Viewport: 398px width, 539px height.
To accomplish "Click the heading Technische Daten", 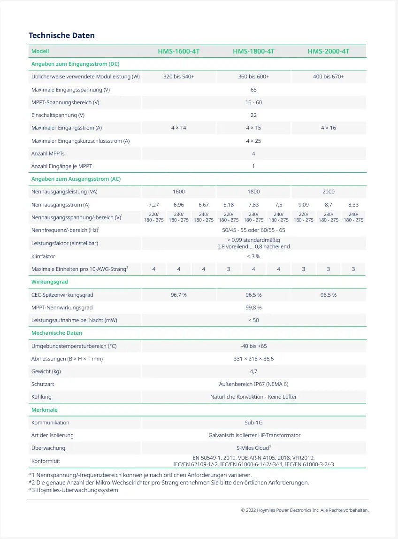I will tap(61, 36).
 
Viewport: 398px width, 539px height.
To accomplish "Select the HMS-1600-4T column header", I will tap(178, 51).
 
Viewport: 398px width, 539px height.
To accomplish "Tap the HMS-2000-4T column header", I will tap(329, 51).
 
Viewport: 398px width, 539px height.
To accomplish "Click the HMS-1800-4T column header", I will tap(253, 51).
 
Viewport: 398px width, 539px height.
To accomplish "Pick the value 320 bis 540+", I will tap(178, 77).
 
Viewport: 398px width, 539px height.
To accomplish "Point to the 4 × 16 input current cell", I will tap(329, 128).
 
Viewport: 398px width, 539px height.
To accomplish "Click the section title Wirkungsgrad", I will tap(50, 282).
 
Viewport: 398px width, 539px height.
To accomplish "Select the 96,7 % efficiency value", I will tap(178, 295).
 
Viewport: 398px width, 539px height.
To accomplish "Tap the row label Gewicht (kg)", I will tap(46, 371).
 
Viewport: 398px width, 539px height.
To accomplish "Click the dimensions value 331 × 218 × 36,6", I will tap(253, 359).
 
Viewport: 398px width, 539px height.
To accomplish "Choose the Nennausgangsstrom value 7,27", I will tap(153, 205).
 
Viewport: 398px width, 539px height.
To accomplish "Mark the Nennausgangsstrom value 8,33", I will tap(353, 205).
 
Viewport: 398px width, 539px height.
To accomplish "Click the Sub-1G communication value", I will tap(253, 423).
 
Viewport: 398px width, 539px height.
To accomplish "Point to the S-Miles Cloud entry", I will tap(253, 448).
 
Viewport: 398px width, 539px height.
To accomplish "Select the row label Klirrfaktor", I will tap(43, 256).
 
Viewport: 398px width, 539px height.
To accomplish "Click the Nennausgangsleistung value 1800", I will tap(253, 192).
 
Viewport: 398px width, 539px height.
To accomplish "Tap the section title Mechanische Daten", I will tap(57, 333).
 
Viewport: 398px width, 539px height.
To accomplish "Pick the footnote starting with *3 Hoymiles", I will tap(74, 490).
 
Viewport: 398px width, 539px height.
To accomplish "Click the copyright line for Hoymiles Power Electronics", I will tap(305, 510).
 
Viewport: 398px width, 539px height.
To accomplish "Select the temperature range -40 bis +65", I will tap(253, 346).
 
